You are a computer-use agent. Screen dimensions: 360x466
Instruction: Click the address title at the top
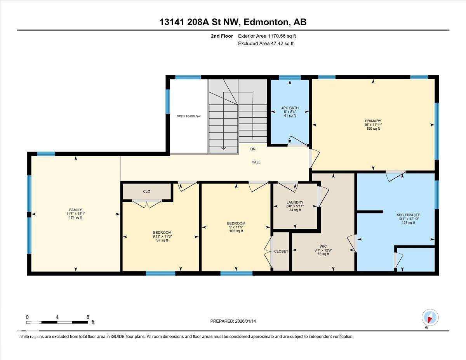coord(233,22)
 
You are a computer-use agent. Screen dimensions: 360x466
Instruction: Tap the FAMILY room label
coord(75,210)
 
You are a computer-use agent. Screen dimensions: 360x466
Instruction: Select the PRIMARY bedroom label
coord(373,121)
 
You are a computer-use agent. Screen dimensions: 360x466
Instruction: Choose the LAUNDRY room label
coord(295,202)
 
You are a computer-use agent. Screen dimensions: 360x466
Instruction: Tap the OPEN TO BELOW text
coord(188,116)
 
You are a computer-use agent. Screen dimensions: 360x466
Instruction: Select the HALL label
coord(256,162)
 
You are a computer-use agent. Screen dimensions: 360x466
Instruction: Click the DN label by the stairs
coord(253,149)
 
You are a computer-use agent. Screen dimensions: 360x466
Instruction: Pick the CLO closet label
coord(146,191)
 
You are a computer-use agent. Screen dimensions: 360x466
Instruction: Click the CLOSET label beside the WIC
coord(281,251)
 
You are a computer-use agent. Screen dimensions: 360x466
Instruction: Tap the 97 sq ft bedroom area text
coord(162,240)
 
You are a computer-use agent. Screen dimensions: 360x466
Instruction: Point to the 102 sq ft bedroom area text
coord(236,231)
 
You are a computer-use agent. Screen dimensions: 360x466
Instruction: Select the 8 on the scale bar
coord(88,317)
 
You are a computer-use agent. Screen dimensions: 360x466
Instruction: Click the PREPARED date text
coord(233,321)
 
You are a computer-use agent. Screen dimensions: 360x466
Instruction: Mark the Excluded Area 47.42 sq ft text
coord(266,43)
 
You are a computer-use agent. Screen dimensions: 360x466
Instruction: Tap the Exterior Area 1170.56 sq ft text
coord(267,36)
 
